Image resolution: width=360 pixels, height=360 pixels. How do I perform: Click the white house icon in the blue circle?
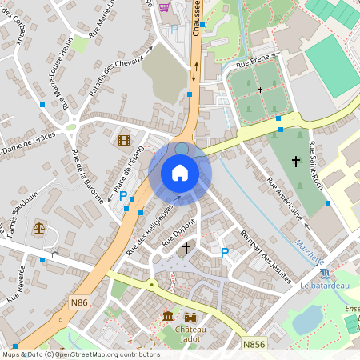180,173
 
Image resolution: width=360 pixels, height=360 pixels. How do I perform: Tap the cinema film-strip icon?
122,140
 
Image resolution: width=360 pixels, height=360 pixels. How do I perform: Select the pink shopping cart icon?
165,7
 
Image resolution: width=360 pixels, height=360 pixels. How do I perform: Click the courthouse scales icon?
38,228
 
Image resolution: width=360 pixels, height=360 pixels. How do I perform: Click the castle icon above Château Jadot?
190,318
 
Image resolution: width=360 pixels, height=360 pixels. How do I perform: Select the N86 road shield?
78,302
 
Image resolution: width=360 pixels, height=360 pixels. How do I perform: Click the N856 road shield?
254,343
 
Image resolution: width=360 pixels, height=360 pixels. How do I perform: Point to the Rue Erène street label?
254,58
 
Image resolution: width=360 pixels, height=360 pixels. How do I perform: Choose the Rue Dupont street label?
179,232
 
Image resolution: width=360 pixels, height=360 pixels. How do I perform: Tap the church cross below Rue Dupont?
186,248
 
